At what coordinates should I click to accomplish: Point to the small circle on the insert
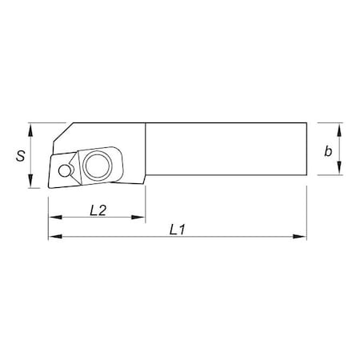click(x=64, y=170)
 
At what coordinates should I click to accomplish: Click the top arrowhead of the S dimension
click(x=30, y=128)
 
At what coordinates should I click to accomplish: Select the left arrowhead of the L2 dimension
click(x=54, y=218)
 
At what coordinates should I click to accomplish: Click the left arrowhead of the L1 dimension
click(x=54, y=237)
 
